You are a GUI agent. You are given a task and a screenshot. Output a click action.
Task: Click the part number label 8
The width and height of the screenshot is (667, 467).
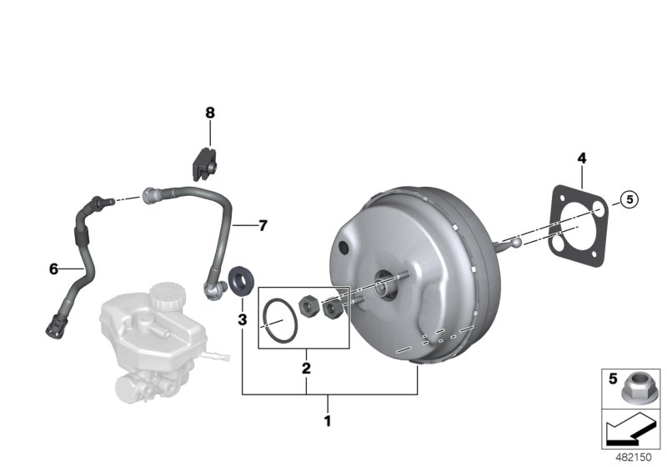[x=210, y=113]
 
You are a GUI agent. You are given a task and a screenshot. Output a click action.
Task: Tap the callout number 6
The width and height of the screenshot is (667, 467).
[x=53, y=269]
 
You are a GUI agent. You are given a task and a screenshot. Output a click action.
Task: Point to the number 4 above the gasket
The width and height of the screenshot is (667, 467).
[x=582, y=158]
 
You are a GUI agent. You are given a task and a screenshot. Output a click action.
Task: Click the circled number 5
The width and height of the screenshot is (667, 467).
[x=629, y=198]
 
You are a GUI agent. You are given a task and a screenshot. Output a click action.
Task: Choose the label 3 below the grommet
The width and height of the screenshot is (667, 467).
[x=242, y=319]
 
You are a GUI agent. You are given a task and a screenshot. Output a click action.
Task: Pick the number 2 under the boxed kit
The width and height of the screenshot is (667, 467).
[x=306, y=368]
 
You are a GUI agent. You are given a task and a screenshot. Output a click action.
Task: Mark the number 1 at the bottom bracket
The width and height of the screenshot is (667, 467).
[x=328, y=421]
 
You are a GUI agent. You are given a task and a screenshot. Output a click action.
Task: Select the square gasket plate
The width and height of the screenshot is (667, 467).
[x=575, y=224]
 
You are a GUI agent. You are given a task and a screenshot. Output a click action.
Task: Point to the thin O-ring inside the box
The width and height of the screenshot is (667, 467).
[x=278, y=321]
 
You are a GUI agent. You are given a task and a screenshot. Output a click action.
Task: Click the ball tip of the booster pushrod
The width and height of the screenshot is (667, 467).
[x=517, y=244]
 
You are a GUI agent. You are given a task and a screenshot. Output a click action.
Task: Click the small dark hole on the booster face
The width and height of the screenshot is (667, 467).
[x=344, y=248]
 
